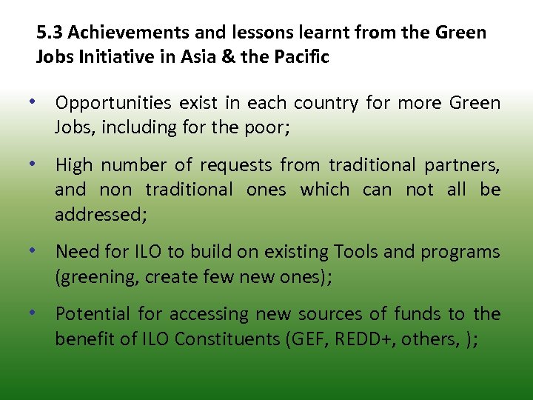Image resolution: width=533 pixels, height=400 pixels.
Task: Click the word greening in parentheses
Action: click(92, 277)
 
